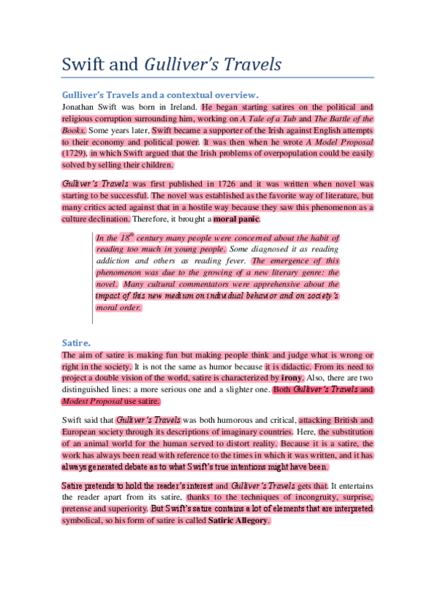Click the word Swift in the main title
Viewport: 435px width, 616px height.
tap(86, 64)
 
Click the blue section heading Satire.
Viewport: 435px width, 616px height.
tap(77, 341)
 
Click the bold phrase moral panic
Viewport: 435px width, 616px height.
tap(236, 219)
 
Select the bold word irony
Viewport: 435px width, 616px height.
tap(291, 378)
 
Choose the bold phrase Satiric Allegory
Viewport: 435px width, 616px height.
tap(239, 521)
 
